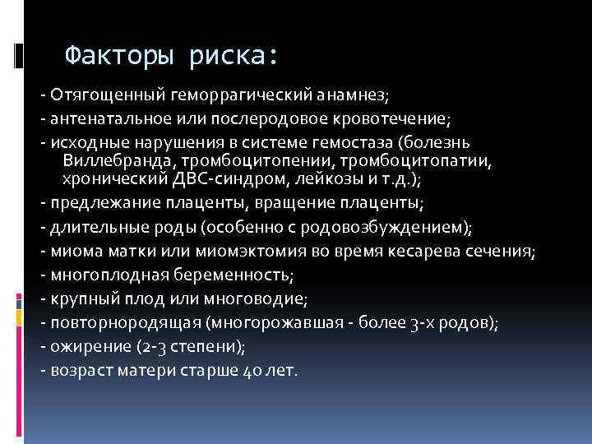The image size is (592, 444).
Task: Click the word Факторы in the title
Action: tap(120, 55)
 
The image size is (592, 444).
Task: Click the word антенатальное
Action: tap(106, 118)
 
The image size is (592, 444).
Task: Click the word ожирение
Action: tap(82, 345)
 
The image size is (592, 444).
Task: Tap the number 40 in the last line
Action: tap(252, 370)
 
